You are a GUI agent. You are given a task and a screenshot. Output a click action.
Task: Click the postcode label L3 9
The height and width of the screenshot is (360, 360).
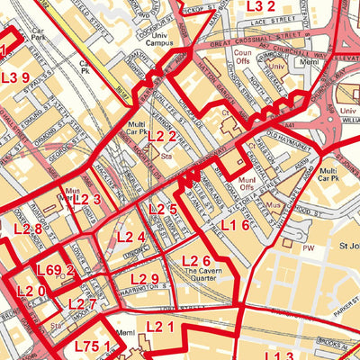coord(15,77)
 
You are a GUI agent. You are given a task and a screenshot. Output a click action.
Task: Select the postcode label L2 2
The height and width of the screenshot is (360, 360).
coord(162,136)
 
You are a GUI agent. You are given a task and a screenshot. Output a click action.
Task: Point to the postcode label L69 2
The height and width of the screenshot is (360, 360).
coord(55,269)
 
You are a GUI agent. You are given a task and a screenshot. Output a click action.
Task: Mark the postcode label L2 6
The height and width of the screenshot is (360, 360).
coord(196,262)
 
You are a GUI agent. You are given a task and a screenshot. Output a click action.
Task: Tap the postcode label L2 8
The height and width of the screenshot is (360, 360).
coord(26,229)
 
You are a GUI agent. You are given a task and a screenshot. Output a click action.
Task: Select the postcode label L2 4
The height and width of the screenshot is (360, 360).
coord(131,238)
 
